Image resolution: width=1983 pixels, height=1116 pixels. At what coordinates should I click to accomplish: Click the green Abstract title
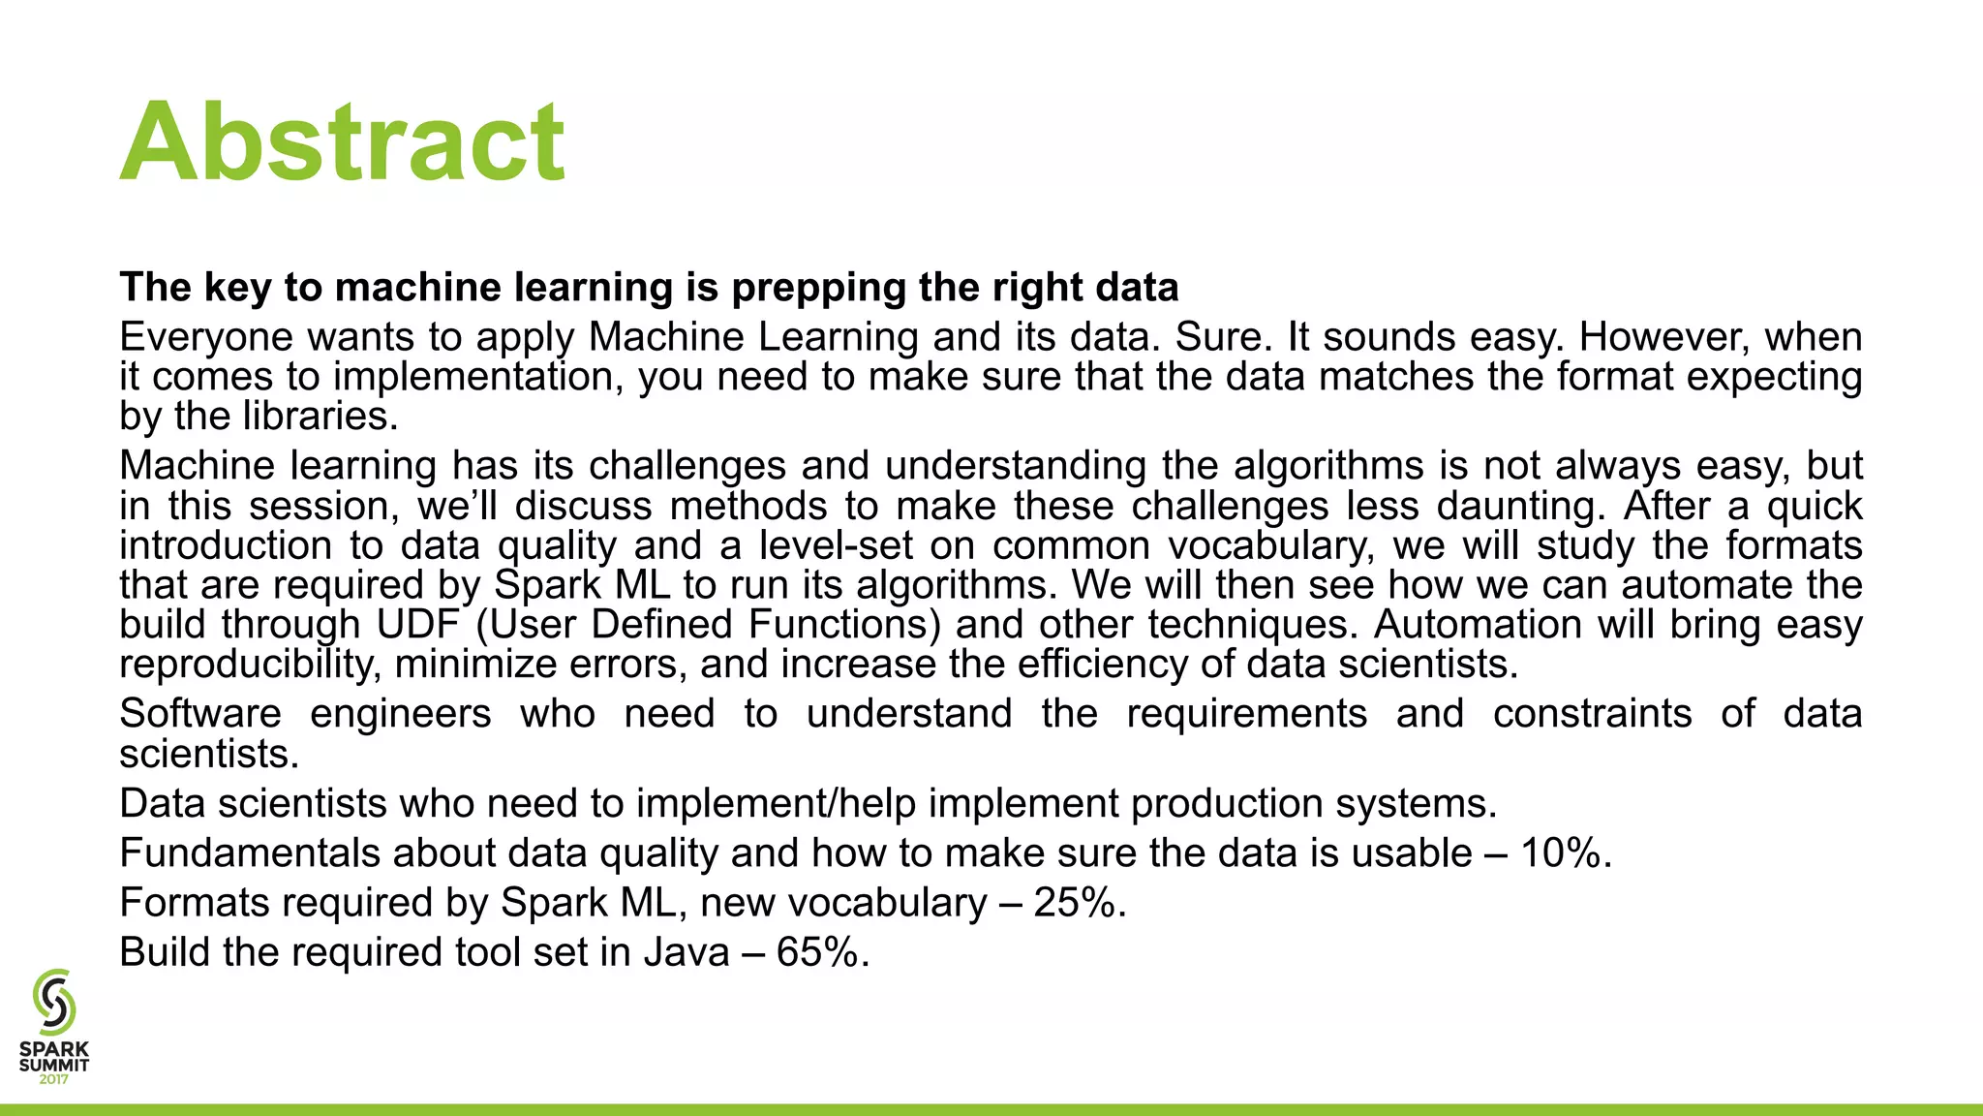click(x=342, y=142)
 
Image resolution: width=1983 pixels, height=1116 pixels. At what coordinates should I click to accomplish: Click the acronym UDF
click(x=419, y=625)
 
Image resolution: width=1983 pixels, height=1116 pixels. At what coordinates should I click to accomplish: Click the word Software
click(x=200, y=714)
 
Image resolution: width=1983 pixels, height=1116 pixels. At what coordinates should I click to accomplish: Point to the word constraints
click(x=1592, y=714)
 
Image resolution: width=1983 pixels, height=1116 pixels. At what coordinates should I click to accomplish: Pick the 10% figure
click(x=1560, y=853)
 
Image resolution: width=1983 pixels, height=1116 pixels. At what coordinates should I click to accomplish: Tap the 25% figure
click(x=1074, y=903)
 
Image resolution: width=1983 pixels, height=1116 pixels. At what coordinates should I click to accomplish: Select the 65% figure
click(x=817, y=952)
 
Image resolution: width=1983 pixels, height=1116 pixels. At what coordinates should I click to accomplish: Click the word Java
click(x=686, y=952)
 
